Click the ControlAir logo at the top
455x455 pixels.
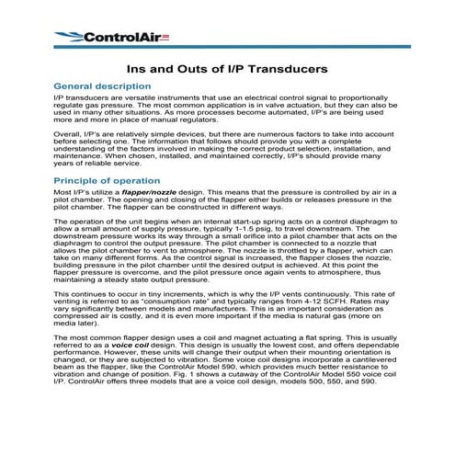[99, 37]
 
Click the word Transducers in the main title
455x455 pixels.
[279, 69]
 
